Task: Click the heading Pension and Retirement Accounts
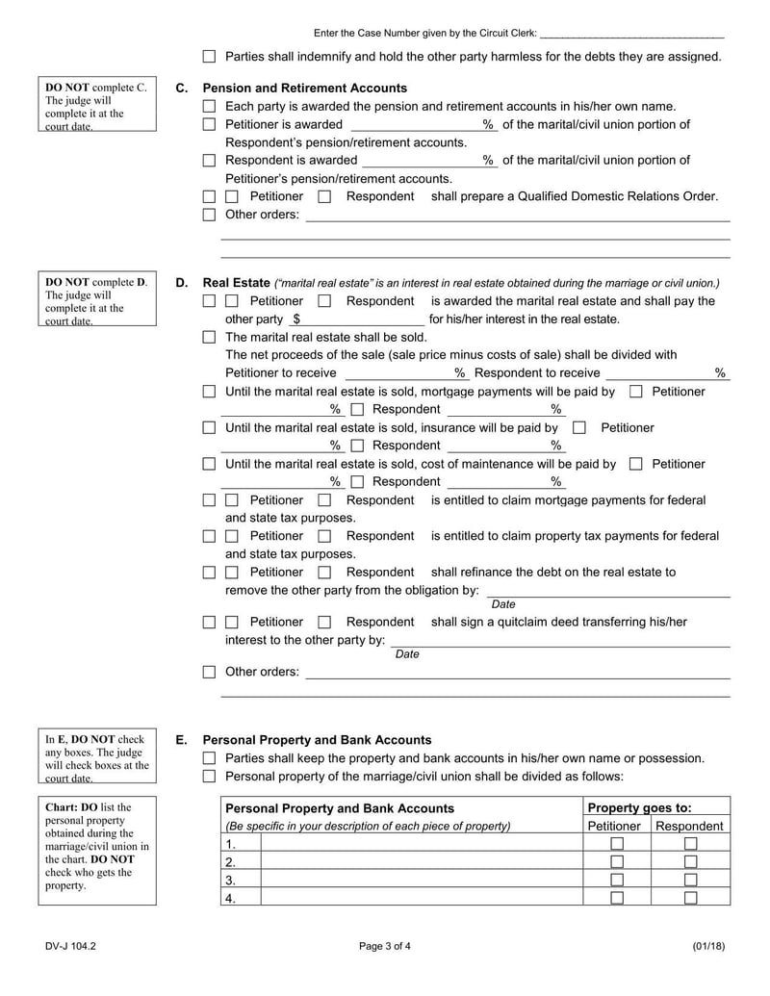[x=305, y=89]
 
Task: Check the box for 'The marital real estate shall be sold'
[x=209, y=338]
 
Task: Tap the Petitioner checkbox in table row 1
[x=617, y=844]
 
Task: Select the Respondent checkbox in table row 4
[x=690, y=898]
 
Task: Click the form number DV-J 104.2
[x=69, y=946]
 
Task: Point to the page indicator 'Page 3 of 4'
[x=385, y=946]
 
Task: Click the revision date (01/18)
[x=707, y=946]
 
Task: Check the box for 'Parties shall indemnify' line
[x=209, y=57]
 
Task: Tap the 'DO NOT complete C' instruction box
[x=97, y=107]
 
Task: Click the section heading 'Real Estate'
[x=237, y=283]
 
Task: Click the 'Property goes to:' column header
[x=639, y=808]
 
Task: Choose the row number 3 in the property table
[x=230, y=881]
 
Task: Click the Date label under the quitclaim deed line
[x=407, y=654]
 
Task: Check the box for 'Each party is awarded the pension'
[x=209, y=107]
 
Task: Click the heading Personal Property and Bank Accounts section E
[x=317, y=740]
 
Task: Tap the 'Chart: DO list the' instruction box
[x=97, y=846]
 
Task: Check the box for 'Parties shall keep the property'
[x=209, y=758]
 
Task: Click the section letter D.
[x=182, y=283]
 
